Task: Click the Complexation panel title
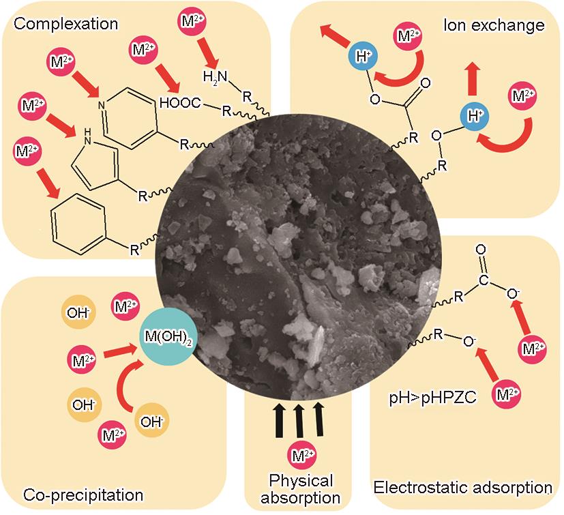(x=66, y=24)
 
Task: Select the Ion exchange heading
(x=494, y=26)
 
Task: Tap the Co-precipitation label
(x=83, y=494)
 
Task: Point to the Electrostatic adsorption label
(x=463, y=487)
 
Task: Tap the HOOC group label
(x=180, y=103)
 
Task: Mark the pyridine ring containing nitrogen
(x=134, y=116)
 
